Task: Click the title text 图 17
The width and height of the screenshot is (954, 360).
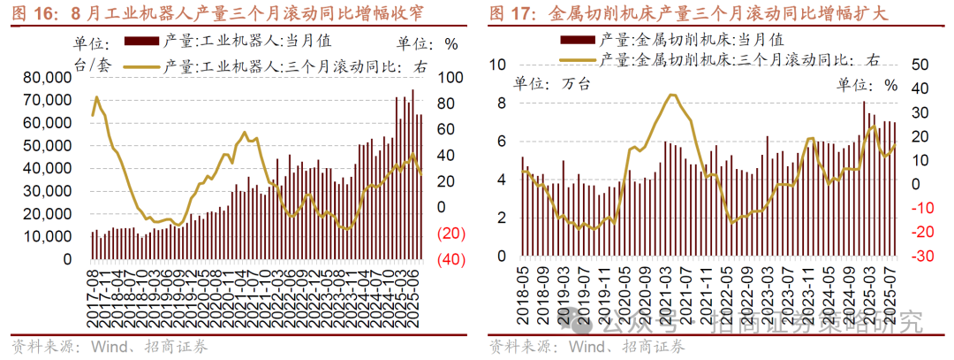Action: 509,14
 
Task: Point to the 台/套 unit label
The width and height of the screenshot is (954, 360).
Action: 89,65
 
